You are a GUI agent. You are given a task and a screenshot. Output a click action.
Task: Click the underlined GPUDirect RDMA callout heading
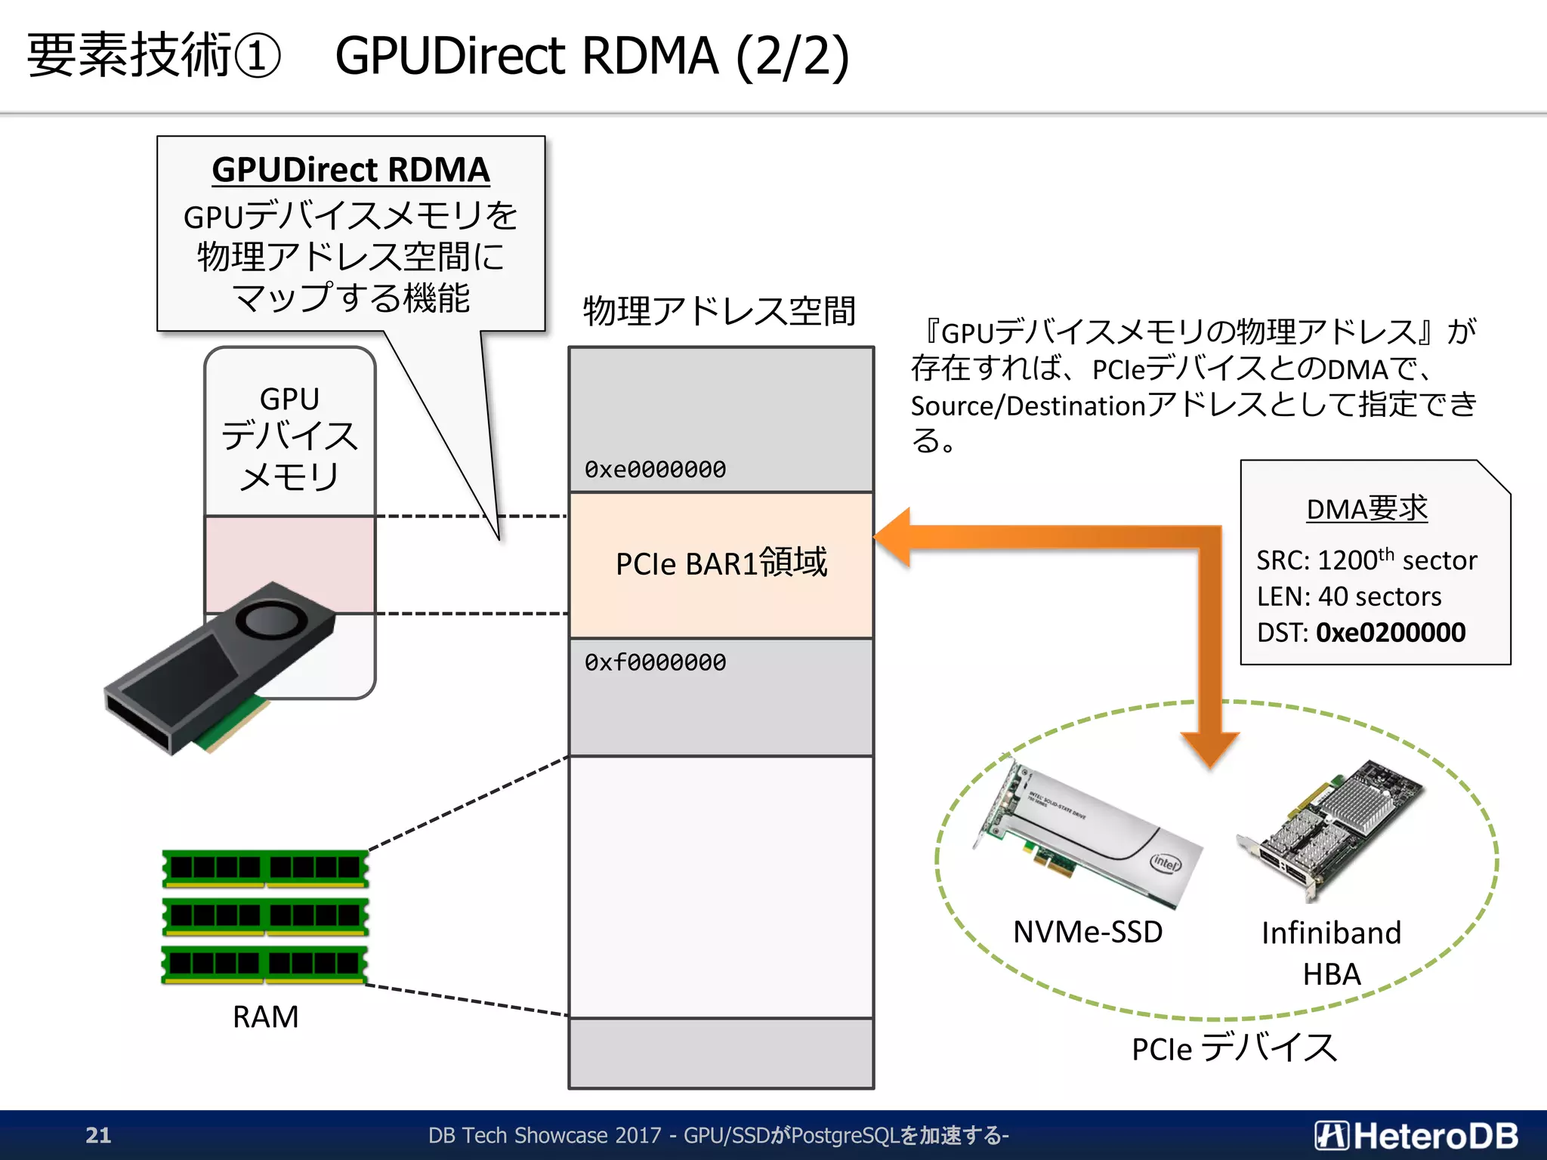(x=350, y=170)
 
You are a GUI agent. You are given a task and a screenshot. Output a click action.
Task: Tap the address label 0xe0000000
(x=655, y=469)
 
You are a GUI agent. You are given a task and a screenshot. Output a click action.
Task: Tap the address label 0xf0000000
(x=655, y=662)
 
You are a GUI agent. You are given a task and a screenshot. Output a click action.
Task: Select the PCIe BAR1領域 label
(x=721, y=563)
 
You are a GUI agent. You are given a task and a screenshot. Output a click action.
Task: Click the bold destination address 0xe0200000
(x=1391, y=632)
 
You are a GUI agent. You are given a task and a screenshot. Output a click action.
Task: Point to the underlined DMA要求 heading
(x=1367, y=509)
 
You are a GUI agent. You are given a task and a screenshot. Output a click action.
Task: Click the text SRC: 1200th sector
(x=1366, y=560)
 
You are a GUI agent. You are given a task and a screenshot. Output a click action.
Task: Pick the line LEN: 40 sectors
(x=1349, y=596)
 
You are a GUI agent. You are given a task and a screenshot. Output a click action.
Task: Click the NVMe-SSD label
(x=1088, y=931)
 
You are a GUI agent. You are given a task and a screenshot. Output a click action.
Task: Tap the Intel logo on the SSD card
(x=1165, y=862)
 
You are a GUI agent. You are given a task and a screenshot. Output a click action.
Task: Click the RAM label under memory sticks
(x=265, y=1017)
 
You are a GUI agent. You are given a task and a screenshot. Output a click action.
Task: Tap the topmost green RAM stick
(x=265, y=868)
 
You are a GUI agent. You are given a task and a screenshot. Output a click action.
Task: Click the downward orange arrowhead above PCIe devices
(x=1210, y=748)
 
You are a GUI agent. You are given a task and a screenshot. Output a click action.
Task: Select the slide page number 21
(x=98, y=1134)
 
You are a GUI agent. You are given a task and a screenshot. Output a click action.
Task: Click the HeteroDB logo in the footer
(x=1416, y=1135)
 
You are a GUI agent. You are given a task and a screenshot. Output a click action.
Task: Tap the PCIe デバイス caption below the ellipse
(x=1234, y=1048)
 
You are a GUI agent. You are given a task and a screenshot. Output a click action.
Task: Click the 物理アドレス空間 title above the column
(x=719, y=310)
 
